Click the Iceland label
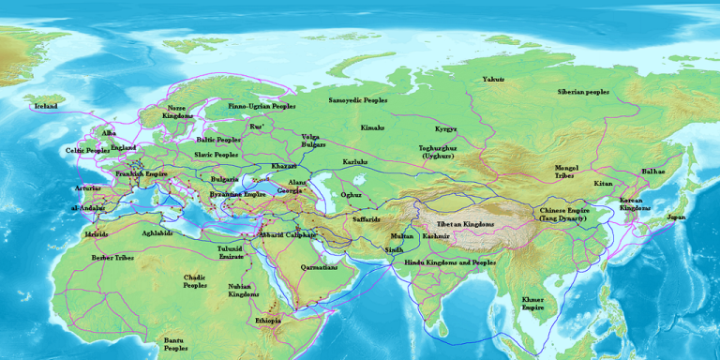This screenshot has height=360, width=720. click(46, 106)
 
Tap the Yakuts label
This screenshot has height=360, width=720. click(493, 80)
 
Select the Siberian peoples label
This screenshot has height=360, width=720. click(583, 92)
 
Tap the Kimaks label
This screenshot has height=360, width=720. click(372, 127)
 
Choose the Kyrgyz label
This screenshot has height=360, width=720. click(446, 128)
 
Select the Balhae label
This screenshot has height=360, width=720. click(653, 172)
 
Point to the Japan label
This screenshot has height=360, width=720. click(675, 217)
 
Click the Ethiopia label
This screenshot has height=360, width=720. click(267, 321)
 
